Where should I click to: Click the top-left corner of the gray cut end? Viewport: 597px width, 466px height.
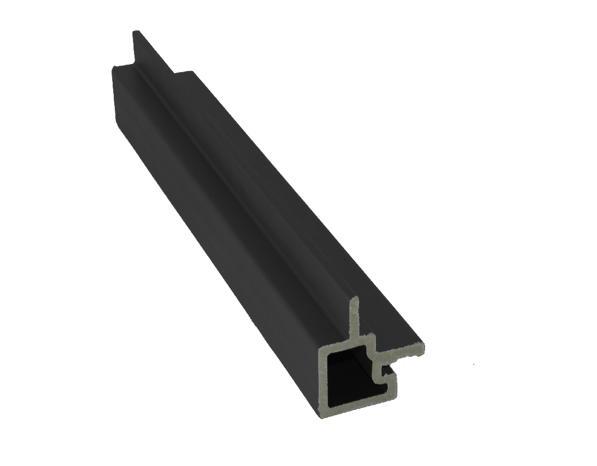pyautogui.click(x=320, y=349)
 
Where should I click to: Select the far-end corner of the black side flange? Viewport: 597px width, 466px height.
pyautogui.click(x=188, y=71)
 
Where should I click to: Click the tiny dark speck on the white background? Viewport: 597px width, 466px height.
pyautogui.click(x=474, y=365)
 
